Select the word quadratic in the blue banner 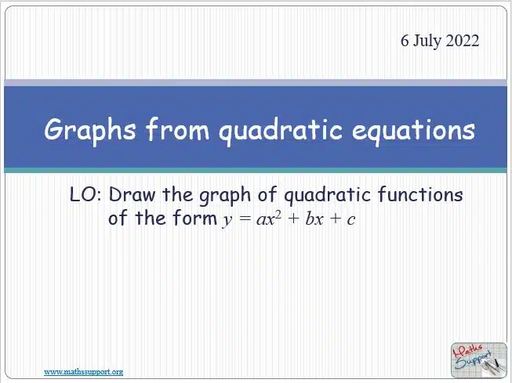(281, 131)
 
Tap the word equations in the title (413, 131)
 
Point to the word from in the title (177, 128)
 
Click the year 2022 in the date (463, 41)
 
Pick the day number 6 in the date (405, 41)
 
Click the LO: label (85, 194)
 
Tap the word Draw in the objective (133, 194)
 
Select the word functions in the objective (420, 194)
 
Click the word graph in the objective (225, 196)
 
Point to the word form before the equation (195, 217)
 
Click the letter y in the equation (227, 220)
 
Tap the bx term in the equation (314, 219)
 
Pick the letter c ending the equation (351, 220)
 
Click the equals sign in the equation (245, 219)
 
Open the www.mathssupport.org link (84, 371)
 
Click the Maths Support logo (479, 360)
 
